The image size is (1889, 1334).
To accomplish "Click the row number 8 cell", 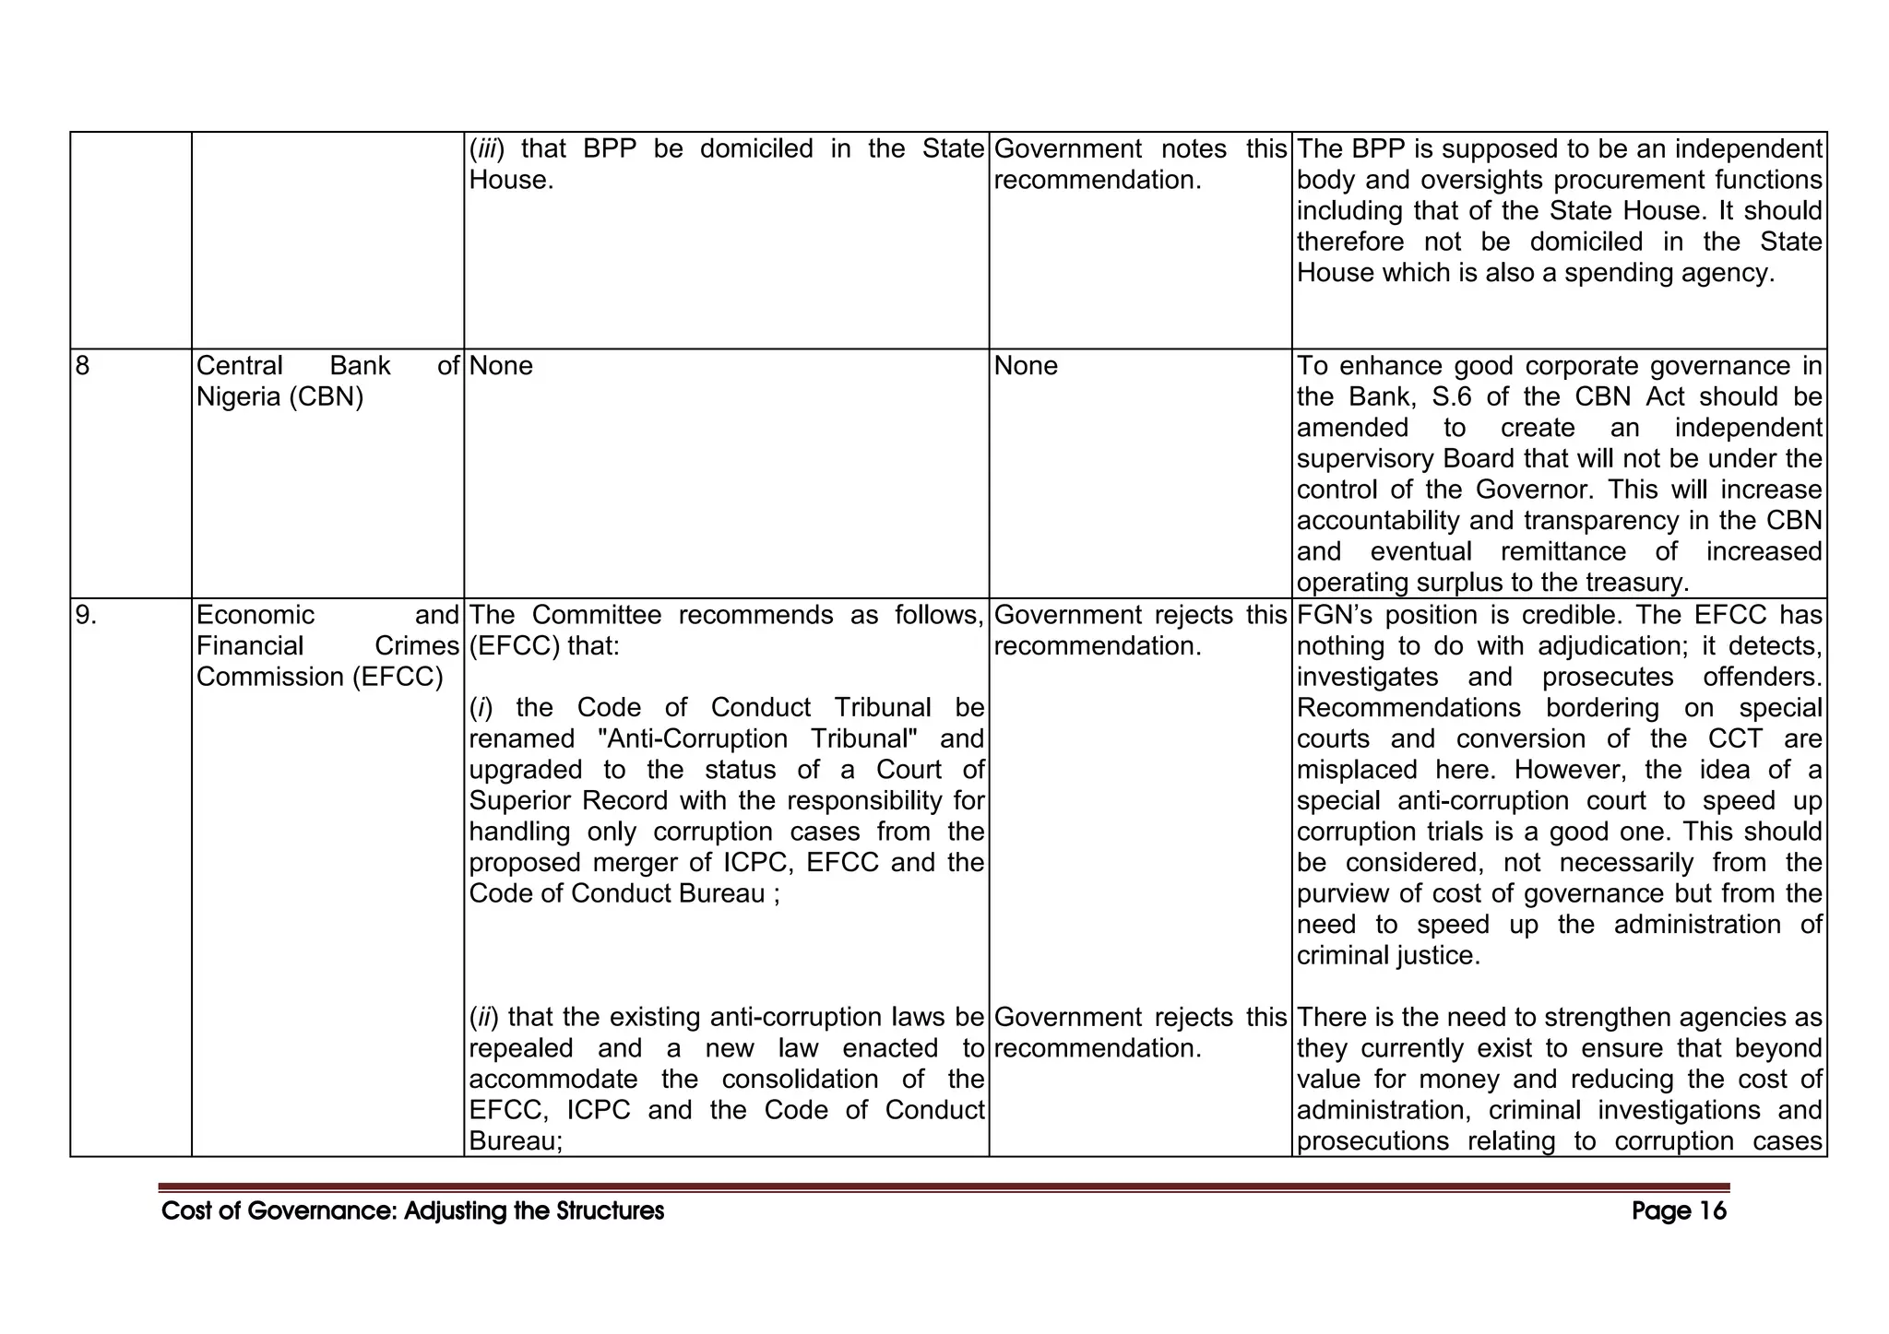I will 83,366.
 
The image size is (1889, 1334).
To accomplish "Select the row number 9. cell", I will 86,615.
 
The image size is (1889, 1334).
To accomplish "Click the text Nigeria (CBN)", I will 280,397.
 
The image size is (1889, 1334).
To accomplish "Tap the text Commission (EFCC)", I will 319,677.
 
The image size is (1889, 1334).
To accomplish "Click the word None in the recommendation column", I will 501,366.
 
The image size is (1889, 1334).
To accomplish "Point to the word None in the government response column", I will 1026,366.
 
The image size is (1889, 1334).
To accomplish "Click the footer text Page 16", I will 1678,1210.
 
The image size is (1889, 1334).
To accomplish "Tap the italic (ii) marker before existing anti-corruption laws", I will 484,1017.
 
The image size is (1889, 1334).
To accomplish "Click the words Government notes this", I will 1140,148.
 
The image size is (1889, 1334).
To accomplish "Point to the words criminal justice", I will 1388,956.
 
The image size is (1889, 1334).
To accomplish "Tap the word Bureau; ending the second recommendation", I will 516,1141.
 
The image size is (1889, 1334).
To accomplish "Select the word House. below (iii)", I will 511,180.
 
